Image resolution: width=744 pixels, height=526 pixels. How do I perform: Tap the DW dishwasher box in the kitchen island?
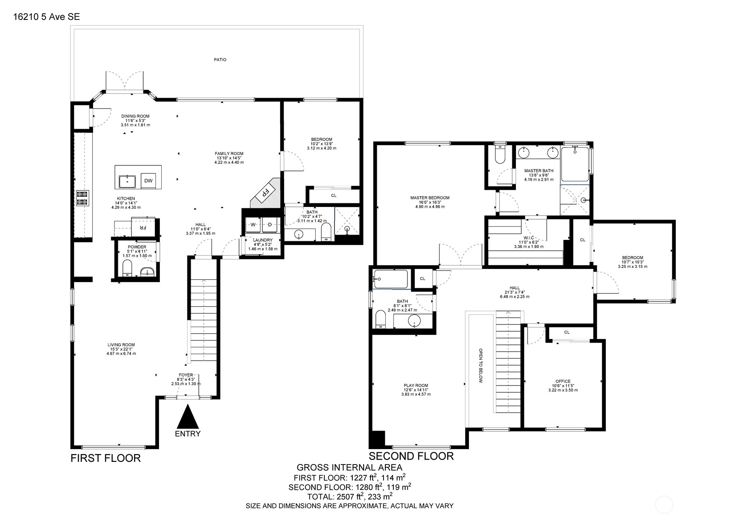click(x=148, y=181)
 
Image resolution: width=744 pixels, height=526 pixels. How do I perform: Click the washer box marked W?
click(x=253, y=225)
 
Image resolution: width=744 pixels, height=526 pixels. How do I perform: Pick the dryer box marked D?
click(x=270, y=225)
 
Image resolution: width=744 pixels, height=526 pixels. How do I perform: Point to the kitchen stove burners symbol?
click(x=82, y=198)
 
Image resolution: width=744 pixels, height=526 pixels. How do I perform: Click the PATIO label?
click(x=220, y=60)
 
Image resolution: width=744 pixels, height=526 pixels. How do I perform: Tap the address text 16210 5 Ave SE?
click(x=47, y=17)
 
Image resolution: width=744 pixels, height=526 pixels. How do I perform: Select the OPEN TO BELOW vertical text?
click(x=481, y=366)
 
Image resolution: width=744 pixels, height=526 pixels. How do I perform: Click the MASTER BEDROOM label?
click(x=430, y=198)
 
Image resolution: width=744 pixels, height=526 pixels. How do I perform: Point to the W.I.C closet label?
click(x=529, y=238)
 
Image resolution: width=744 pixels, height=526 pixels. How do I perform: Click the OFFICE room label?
click(x=563, y=381)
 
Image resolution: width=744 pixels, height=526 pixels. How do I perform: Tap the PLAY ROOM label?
click(x=416, y=386)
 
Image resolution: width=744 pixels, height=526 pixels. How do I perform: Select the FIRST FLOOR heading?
click(x=106, y=458)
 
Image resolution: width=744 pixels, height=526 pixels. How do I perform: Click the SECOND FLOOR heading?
click(x=411, y=456)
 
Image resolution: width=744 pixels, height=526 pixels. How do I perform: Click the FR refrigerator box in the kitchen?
click(x=143, y=227)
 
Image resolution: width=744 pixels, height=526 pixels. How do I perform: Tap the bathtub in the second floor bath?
click(x=391, y=279)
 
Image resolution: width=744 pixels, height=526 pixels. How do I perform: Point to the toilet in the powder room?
click(x=127, y=268)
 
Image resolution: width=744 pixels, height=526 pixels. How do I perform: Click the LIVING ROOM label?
click(x=121, y=345)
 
